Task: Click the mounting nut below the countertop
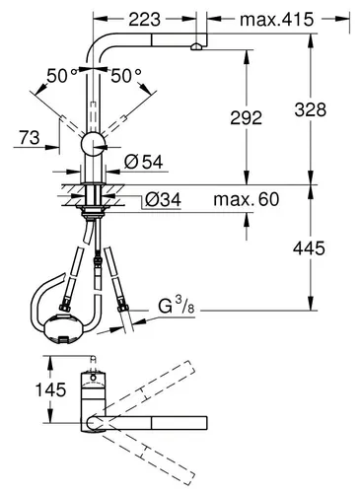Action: point(97,206)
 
